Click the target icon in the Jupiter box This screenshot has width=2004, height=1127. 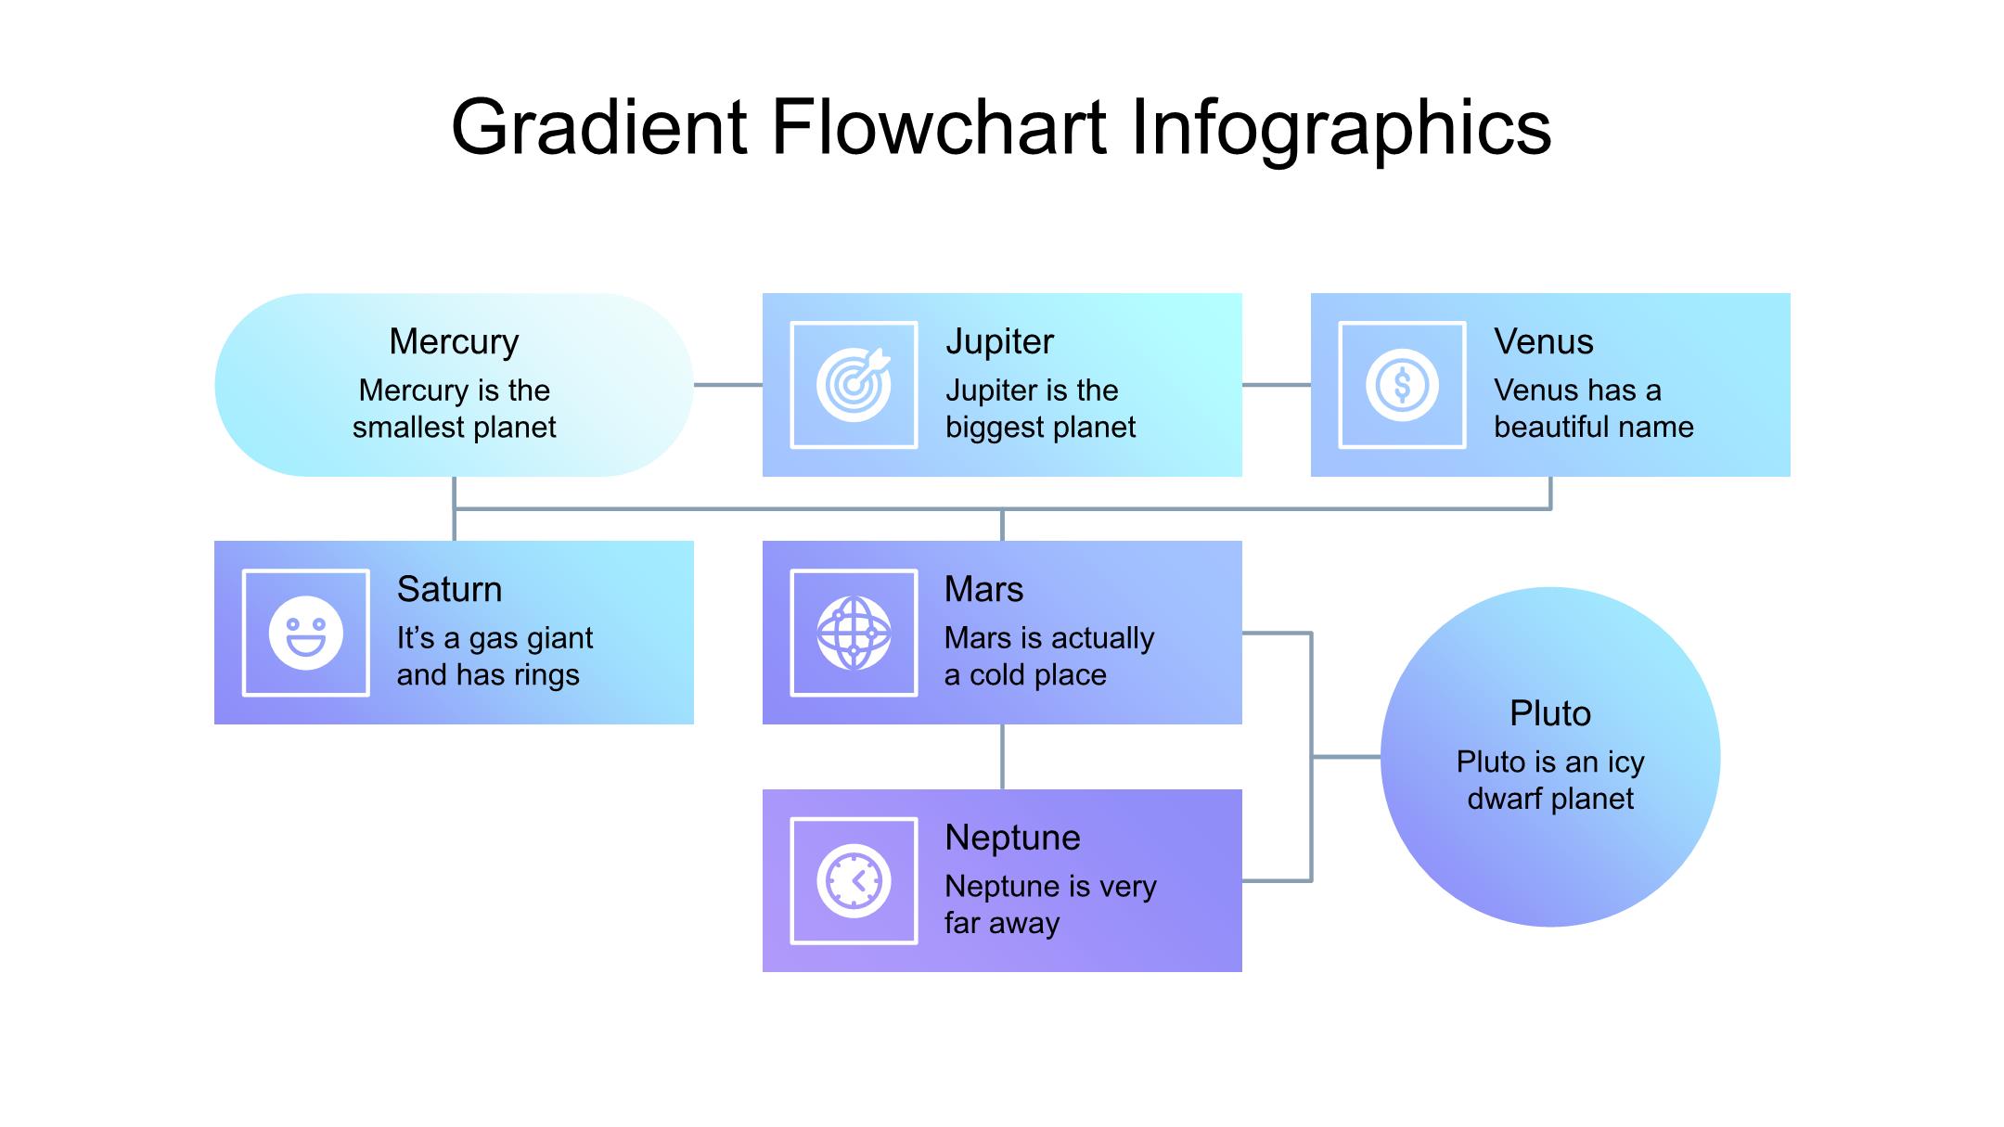(x=854, y=385)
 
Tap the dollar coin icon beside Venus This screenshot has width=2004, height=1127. (x=1402, y=385)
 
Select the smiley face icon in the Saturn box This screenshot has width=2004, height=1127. (x=305, y=633)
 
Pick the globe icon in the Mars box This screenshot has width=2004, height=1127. (x=854, y=633)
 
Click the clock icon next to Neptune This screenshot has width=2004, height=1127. (x=854, y=880)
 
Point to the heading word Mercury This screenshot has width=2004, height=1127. (x=454, y=342)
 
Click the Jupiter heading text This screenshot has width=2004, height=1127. (x=999, y=342)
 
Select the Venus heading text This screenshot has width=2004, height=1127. (x=1543, y=342)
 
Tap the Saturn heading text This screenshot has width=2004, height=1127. (x=449, y=590)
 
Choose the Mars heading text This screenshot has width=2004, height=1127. (x=983, y=590)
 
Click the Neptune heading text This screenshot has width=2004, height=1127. (x=1012, y=838)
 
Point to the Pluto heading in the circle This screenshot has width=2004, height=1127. (x=1549, y=713)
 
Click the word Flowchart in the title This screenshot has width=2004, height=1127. (x=938, y=127)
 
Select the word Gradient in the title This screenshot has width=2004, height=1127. (x=599, y=127)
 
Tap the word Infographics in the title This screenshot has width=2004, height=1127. (x=1342, y=127)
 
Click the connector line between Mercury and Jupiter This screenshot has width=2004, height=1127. (x=728, y=385)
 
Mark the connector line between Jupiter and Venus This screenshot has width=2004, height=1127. (x=1276, y=385)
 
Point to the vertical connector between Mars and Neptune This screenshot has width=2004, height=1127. (x=1002, y=756)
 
